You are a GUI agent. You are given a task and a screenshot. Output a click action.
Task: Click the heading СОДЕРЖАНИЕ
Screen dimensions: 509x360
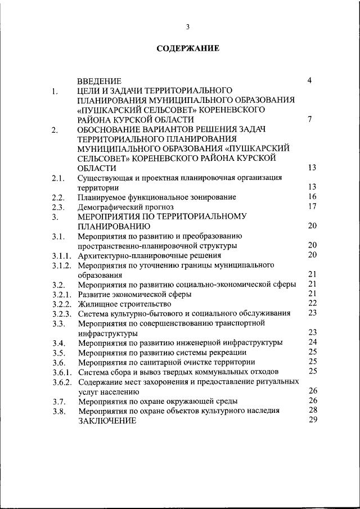(x=188, y=48)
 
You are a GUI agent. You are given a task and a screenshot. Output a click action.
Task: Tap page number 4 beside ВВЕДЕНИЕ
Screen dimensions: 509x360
(x=310, y=80)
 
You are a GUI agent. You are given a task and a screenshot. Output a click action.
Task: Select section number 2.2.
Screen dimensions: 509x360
(x=58, y=198)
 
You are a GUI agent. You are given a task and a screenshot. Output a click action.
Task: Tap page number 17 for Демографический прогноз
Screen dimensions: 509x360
(x=313, y=206)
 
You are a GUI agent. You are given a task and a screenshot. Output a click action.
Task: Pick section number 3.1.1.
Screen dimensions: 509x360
(x=61, y=256)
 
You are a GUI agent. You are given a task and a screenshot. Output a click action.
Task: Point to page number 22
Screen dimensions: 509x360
(x=313, y=303)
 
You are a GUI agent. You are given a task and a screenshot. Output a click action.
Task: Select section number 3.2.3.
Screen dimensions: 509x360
(x=61, y=314)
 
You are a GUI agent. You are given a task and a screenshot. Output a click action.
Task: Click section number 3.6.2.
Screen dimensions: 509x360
(x=61, y=382)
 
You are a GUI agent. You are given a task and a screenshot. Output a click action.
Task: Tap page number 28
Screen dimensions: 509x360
(x=313, y=410)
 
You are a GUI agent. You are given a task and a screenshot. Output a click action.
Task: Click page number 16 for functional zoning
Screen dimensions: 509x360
(x=313, y=196)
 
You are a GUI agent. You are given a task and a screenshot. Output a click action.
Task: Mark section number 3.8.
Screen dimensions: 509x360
(x=58, y=412)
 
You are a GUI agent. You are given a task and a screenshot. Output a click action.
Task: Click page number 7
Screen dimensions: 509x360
(x=310, y=119)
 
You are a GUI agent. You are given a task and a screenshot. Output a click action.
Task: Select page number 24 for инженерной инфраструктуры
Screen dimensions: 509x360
(x=313, y=341)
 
